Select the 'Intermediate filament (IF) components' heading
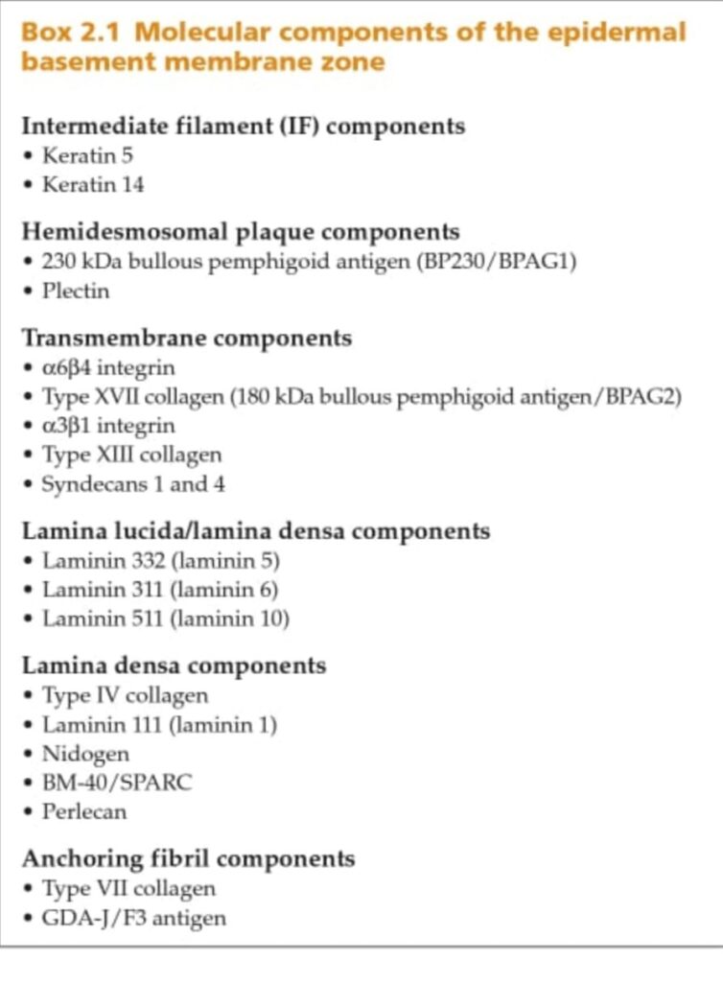(x=243, y=126)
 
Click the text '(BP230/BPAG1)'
(x=496, y=261)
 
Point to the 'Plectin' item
(x=75, y=291)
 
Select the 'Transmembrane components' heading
(x=186, y=338)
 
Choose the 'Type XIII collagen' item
(x=131, y=455)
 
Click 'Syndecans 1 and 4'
(x=133, y=483)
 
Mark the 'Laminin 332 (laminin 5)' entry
(x=160, y=560)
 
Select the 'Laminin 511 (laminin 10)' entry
(x=165, y=619)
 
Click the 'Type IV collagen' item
(x=125, y=695)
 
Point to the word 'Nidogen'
(x=84, y=754)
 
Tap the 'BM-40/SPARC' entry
(x=116, y=783)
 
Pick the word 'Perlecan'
(x=84, y=811)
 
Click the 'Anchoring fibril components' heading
(x=188, y=858)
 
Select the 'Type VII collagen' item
(x=128, y=888)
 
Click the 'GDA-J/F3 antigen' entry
(x=133, y=918)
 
